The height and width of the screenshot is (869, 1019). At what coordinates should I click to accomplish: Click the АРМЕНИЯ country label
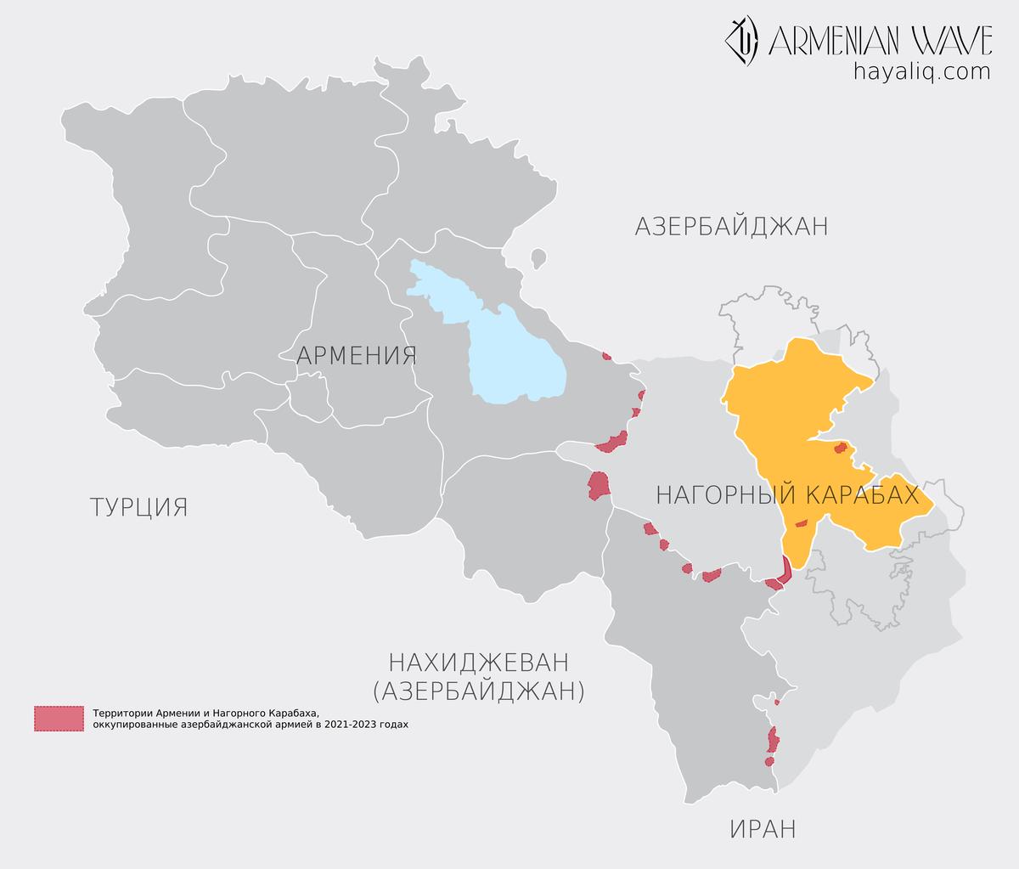(356, 355)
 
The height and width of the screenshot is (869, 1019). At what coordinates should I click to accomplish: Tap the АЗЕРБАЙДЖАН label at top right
(730, 227)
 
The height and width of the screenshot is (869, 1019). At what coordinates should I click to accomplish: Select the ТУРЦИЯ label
(138, 507)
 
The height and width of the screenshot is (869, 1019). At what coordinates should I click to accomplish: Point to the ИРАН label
(762, 828)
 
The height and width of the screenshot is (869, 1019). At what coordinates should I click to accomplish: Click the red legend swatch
(59, 719)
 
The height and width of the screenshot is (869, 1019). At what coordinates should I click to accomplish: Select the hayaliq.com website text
(921, 71)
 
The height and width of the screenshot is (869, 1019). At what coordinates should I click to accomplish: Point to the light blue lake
(509, 348)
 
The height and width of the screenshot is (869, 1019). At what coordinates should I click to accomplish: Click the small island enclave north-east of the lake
(538, 256)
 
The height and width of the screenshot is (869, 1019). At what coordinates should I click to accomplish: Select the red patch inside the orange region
(841, 448)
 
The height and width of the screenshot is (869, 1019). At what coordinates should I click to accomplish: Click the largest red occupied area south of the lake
(599, 485)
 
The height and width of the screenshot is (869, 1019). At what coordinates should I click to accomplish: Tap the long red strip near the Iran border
(772, 739)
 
